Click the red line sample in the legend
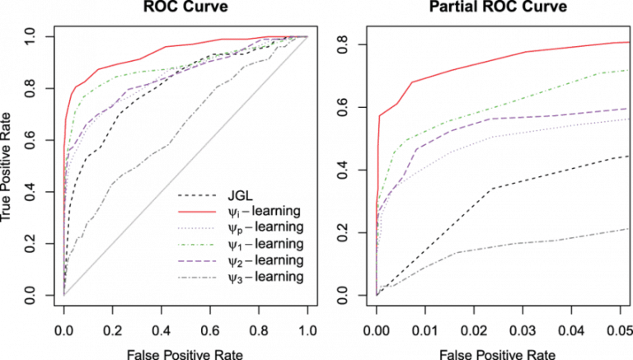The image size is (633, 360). click(199, 212)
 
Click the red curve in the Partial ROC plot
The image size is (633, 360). click(495, 61)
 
